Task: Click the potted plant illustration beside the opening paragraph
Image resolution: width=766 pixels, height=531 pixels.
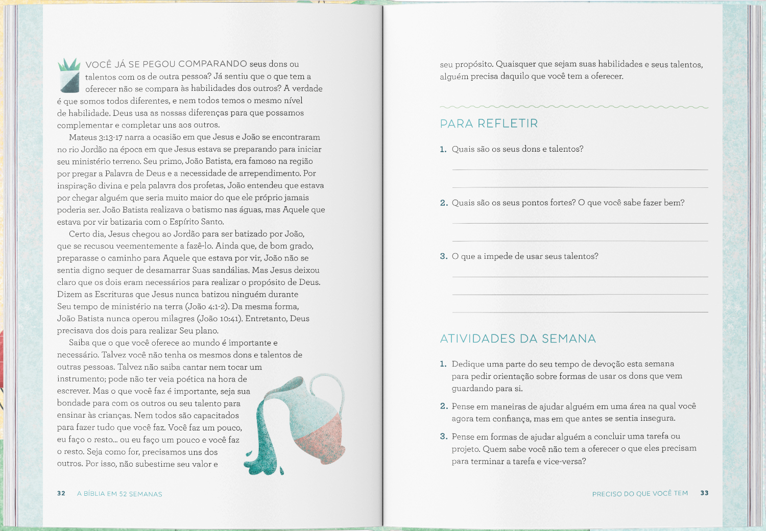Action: [x=69, y=75]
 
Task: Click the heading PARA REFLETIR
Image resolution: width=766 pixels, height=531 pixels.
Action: [x=489, y=124]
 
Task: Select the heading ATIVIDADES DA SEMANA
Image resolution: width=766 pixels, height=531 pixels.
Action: [x=518, y=339]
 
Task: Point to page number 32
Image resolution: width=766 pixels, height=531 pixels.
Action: [x=61, y=493]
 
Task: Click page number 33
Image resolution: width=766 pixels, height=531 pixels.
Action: [x=704, y=493]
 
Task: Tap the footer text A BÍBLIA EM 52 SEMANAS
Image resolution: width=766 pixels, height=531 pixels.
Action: [x=119, y=494]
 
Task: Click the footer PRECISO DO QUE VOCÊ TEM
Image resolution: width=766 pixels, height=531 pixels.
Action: [x=640, y=493]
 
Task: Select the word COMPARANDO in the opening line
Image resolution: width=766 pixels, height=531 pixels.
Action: [x=213, y=64]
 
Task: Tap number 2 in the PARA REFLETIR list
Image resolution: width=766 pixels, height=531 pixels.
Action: [x=444, y=203]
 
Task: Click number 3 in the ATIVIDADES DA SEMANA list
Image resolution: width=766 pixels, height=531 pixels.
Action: [x=444, y=437]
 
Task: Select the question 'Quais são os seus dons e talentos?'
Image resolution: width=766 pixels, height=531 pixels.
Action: [x=517, y=149]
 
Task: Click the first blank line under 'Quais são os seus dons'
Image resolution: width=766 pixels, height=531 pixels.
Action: [x=580, y=169]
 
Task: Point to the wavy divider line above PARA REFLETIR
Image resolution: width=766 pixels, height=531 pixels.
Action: [x=573, y=107]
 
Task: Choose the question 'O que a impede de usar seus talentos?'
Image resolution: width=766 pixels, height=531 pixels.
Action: [x=524, y=256]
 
